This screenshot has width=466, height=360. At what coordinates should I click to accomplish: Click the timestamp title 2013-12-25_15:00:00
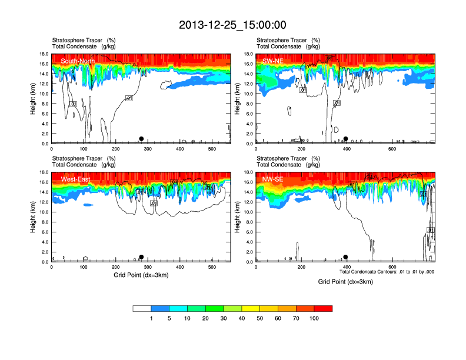232,25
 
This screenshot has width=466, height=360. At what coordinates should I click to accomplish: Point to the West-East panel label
75,179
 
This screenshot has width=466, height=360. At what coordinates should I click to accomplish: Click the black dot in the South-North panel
141,139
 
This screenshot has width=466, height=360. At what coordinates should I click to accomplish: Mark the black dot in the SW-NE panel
346,139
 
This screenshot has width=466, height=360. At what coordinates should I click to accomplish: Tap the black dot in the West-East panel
141,257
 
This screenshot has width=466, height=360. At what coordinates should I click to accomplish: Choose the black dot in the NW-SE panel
346,257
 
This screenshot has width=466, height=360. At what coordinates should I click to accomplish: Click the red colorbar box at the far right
323,308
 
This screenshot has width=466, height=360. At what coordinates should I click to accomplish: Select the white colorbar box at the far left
142,308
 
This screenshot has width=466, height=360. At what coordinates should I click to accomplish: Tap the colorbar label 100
314,318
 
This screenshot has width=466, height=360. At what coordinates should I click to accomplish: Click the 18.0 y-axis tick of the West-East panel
44,172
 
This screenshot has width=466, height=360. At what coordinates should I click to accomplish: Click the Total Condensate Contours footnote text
387,272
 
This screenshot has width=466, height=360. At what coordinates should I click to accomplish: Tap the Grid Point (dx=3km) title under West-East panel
141,275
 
